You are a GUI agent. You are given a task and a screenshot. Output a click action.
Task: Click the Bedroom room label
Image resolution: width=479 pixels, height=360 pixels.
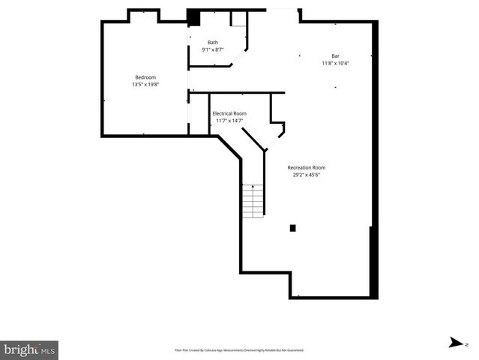click(x=145, y=78)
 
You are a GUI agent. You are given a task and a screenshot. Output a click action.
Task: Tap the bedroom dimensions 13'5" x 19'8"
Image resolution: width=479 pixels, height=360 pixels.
click(x=145, y=85)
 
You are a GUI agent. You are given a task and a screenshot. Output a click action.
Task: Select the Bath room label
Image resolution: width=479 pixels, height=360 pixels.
click(x=213, y=43)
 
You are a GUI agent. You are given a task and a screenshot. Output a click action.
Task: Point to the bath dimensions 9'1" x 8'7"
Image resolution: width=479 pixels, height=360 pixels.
click(x=213, y=49)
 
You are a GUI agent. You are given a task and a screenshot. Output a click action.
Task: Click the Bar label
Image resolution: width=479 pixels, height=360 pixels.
click(x=336, y=56)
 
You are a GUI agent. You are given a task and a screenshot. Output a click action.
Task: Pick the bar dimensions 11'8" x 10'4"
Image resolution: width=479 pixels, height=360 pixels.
click(x=336, y=63)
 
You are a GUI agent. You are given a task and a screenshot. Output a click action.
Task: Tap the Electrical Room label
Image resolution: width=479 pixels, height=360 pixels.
click(x=229, y=113)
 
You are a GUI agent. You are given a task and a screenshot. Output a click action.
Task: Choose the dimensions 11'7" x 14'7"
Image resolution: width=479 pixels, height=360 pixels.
click(x=229, y=120)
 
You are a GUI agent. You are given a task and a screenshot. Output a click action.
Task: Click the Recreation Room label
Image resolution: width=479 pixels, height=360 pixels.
click(x=307, y=168)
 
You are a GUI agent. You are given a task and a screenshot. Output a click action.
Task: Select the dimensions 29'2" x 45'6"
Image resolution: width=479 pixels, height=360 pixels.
click(x=307, y=175)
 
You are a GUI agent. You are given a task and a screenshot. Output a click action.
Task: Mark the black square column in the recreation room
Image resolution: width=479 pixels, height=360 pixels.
click(x=292, y=228)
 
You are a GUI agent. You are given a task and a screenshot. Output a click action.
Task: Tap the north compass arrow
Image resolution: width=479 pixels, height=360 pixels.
click(x=454, y=343)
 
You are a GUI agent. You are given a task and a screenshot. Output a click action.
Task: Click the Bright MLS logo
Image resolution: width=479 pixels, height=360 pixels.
click(x=30, y=349)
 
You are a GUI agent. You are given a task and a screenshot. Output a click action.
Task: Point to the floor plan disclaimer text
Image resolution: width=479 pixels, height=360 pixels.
click(x=239, y=350)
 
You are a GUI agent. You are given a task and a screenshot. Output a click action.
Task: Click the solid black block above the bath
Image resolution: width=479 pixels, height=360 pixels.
click(x=193, y=17)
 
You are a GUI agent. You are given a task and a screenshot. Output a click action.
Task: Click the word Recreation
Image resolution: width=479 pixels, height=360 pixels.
click(x=299, y=168)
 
